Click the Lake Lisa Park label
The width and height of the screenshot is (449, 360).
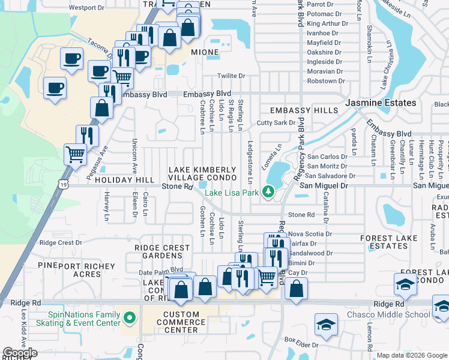coord(232,193)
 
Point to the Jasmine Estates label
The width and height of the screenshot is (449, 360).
coord(381,103)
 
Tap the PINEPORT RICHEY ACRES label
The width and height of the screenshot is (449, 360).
coord(76,270)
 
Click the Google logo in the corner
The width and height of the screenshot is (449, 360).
coord(20,353)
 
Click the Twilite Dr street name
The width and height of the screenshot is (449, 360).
coord(231,76)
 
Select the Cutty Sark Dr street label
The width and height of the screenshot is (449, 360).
coord(276,122)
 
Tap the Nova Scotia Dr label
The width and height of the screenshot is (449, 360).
coord(310,234)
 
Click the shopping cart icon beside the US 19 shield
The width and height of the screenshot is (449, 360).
coord(76,154)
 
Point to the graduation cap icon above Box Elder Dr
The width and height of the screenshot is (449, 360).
coord(327,325)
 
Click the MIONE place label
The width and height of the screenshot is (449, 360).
coord(205,53)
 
